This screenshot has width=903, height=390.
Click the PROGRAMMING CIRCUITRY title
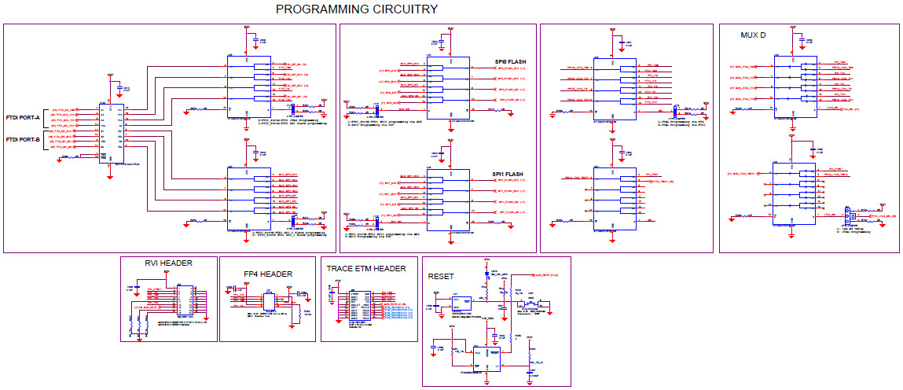(x=356, y=9)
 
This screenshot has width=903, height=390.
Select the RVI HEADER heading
(x=168, y=263)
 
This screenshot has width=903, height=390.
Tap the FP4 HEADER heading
(x=268, y=274)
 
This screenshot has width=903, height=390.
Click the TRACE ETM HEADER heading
(x=366, y=269)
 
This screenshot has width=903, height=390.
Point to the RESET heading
(x=441, y=276)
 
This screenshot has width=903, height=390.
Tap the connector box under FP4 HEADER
(x=268, y=300)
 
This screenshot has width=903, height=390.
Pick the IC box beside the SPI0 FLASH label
(x=448, y=86)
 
